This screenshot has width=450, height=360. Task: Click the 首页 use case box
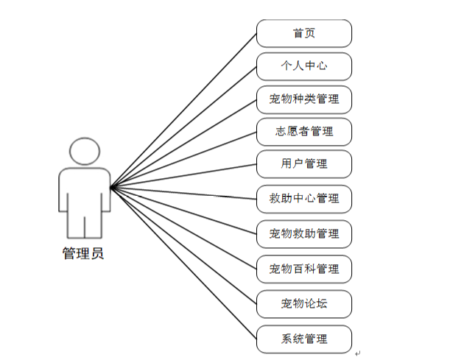coord(303,33)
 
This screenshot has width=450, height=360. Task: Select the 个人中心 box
coord(303,66)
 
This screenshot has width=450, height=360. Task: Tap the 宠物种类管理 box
coord(303,98)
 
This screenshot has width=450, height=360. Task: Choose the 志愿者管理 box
coord(303,132)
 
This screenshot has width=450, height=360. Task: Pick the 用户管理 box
coord(303,164)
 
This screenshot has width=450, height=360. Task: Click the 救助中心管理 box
coord(303,198)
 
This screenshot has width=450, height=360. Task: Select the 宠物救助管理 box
coord(303,233)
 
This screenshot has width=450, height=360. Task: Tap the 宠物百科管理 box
coord(303,268)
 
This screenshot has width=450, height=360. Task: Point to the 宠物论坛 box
coord(303,303)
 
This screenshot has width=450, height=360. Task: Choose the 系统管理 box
coord(303,339)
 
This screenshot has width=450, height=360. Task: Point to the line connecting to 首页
coord(184,110)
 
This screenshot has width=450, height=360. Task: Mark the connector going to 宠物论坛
coord(184,245)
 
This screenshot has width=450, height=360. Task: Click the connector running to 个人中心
coord(184,126)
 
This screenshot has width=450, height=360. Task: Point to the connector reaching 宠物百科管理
coord(184,227)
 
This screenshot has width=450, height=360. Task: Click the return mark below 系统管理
coord(357,354)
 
